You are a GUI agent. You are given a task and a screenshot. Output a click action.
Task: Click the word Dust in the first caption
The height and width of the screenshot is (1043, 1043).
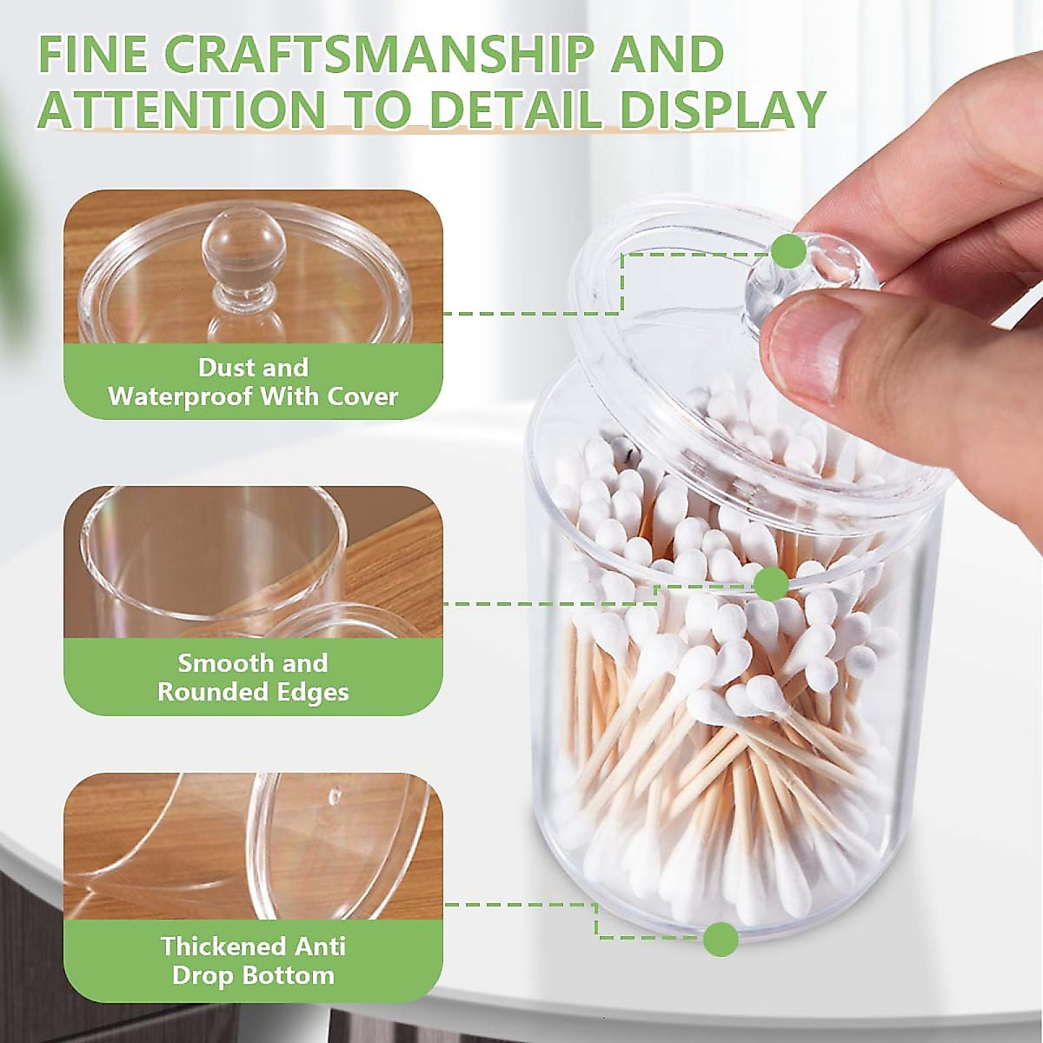coord(220,368)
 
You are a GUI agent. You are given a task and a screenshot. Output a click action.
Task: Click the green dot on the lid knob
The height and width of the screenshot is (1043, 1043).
coord(789,251)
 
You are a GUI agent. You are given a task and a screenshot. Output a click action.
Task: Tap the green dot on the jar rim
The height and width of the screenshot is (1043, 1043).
coord(770,582)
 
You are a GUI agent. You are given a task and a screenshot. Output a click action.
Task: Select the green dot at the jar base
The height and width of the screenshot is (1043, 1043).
coord(721,939)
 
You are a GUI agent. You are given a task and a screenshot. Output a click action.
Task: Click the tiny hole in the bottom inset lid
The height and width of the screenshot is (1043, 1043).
coord(335,794)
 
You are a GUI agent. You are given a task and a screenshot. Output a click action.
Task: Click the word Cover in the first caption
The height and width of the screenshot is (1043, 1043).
coord(362,397)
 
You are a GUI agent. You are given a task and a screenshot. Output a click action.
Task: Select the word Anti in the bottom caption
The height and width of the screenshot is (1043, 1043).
coord(319,946)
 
